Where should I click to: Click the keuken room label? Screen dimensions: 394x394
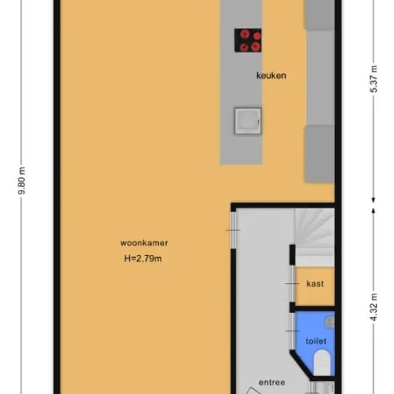coord(271,75)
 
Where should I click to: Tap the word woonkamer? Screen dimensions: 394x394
coord(144,243)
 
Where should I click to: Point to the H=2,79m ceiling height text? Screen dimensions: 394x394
coord(143,259)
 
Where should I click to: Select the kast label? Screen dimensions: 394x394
coord(315,284)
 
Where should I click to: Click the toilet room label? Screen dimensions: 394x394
coord(316,341)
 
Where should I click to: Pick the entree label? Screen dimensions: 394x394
coord(272,383)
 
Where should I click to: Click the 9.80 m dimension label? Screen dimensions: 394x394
coord(22,181)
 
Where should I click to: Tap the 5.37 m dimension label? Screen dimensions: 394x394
coord(374,79)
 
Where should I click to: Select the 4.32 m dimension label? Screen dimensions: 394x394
coord(374,307)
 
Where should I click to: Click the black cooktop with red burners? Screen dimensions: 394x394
coord(248,40)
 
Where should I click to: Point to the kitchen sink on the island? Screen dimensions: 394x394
coord(248,121)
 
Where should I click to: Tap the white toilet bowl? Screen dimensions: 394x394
coord(322,362)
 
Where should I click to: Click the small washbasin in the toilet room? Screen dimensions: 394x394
coord(330,323)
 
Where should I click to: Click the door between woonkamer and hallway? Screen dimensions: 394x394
coord(234,230)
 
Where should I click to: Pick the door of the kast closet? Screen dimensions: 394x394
coord(292,284)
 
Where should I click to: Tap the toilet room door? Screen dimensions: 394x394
coord(292,331)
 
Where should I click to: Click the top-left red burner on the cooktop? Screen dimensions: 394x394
coord(244,34)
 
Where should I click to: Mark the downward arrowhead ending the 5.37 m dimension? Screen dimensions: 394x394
coord(373,200)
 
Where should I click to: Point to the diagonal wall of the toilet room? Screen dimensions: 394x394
coord(302,365)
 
